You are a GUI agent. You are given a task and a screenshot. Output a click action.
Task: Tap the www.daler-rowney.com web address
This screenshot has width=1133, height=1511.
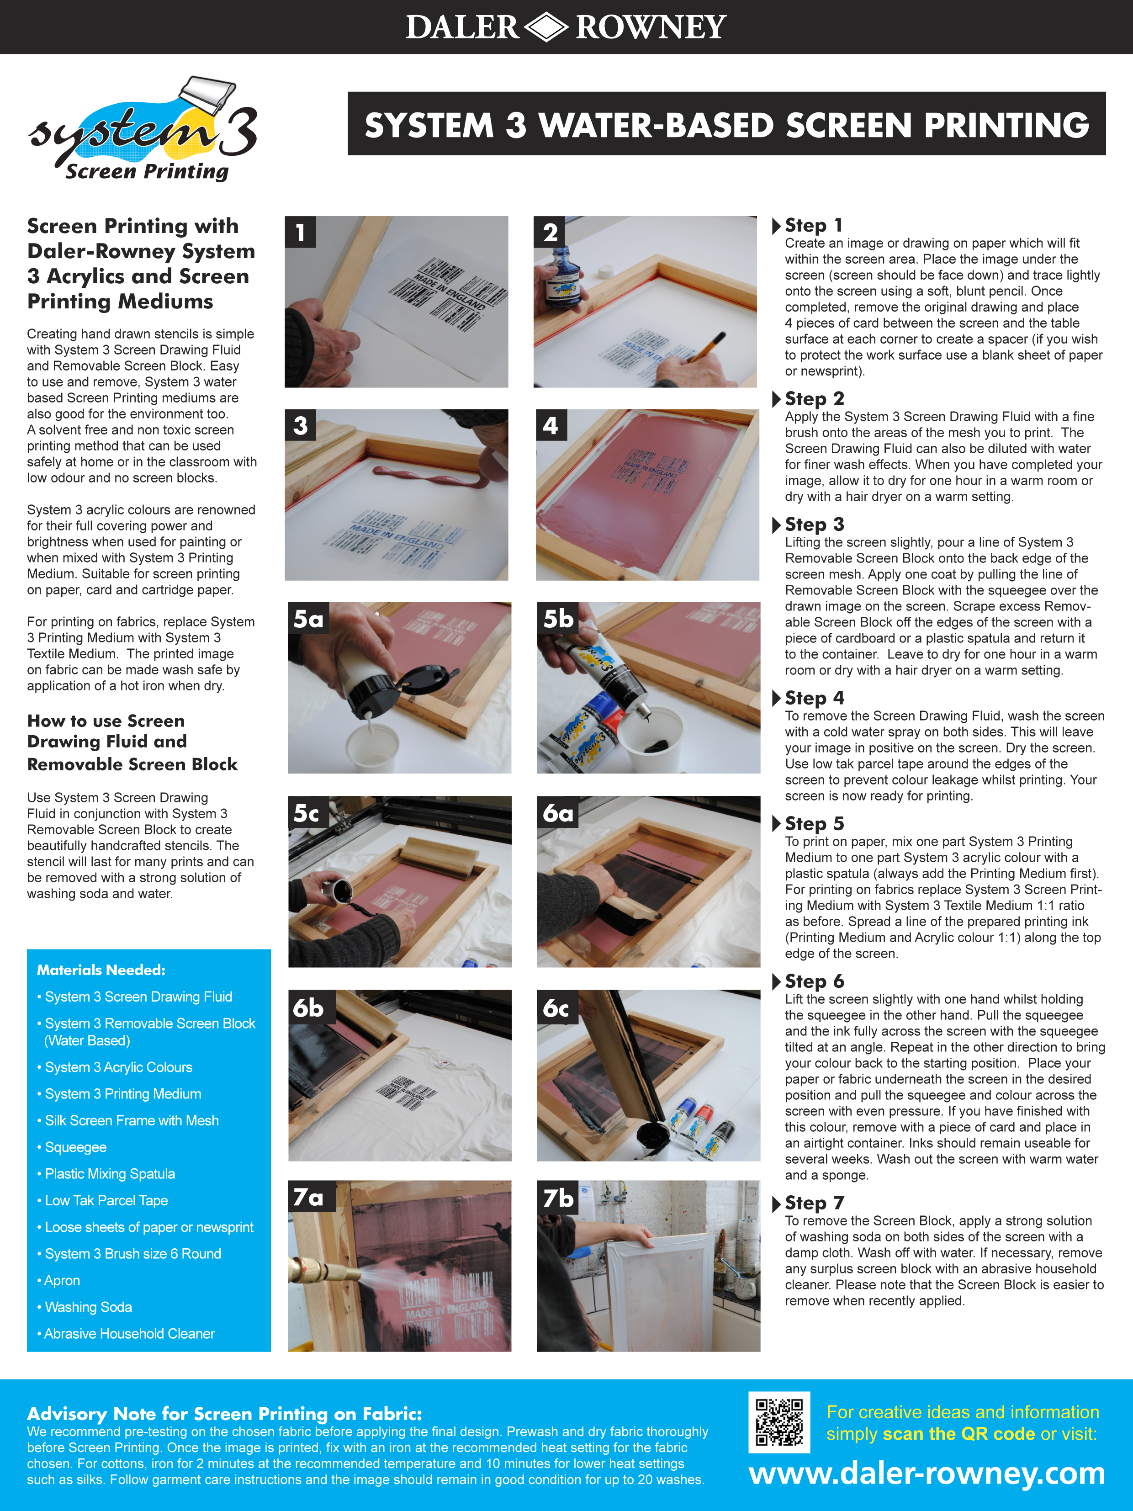tap(927, 1474)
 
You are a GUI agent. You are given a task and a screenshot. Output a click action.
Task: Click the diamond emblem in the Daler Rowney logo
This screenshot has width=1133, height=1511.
tap(546, 27)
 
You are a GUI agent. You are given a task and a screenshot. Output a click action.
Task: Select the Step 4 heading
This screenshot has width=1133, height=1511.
tap(814, 698)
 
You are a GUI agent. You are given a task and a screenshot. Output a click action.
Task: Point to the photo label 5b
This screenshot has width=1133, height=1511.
tap(558, 619)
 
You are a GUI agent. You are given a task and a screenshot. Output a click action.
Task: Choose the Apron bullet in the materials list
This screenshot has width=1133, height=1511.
tap(62, 1280)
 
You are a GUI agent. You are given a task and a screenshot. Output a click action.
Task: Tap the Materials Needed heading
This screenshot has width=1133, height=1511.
tap(101, 970)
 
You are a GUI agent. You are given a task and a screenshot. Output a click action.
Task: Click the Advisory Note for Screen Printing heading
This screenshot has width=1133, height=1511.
tap(224, 1413)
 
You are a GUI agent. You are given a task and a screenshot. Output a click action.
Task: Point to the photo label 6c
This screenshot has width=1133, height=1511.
tap(556, 1008)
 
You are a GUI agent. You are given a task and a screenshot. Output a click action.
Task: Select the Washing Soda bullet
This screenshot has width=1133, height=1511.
tap(88, 1307)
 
